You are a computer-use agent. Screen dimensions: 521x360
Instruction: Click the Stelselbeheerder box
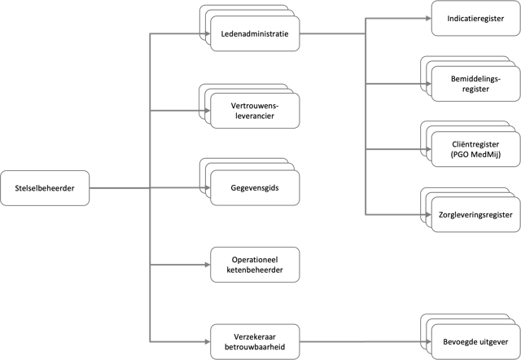[x=45, y=188]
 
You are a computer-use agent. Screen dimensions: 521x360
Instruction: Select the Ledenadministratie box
[x=255, y=33]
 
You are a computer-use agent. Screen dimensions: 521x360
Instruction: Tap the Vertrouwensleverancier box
[x=255, y=111]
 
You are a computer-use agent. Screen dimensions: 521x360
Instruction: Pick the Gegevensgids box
[x=255, y=188]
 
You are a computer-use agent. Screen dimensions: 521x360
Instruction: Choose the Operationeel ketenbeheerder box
[x=255, y=265]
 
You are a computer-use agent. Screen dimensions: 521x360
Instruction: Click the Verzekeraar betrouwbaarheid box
[x=255, y=342]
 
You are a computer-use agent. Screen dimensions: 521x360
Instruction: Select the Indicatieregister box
[x=475, y=18]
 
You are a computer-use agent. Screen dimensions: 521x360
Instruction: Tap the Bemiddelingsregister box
[x=475, y=84]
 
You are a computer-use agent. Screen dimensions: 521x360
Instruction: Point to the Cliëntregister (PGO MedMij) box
[x=475, y=149]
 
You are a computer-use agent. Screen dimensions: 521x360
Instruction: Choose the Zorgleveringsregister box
[x=475, y=214]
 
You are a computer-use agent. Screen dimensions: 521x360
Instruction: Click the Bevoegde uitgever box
[x=475, y=342]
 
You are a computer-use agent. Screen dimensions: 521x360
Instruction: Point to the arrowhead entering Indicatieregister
[x=429, y=18]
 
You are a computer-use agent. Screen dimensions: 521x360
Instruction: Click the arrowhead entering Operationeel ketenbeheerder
[x=208, y=265]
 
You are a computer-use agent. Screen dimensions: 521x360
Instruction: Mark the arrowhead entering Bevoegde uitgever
[x=429, y=342]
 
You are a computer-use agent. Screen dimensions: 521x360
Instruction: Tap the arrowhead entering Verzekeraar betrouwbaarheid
[x=208, y=342]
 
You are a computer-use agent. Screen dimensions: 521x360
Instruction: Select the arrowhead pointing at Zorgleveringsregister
[x=429, y=214]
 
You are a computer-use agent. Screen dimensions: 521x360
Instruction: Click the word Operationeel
[x=255, y=260]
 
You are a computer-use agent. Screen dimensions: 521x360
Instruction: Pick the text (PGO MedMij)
[x=475, y=155]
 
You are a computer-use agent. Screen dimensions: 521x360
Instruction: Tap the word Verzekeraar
[x=255, y=337]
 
